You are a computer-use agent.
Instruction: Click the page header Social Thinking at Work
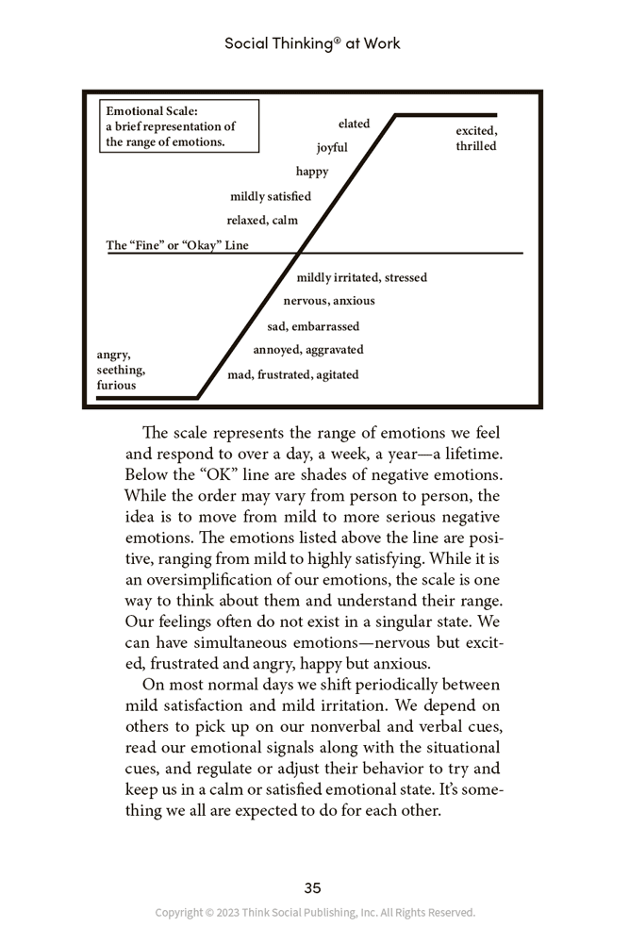(312, 43)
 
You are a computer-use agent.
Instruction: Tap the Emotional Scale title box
(179, 126)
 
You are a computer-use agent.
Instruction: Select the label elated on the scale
(355, 124)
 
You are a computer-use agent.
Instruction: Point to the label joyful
(332, 147)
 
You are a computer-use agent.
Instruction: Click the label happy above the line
(312, 172)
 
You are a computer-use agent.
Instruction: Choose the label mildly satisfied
(271, 196)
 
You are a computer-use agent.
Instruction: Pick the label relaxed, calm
(262, 221)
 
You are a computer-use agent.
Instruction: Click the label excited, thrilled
(476, 139)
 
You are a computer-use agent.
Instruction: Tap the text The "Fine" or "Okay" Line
(177, 245)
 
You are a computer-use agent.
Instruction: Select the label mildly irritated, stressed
(361, 277)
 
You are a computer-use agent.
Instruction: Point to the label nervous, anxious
(329, 301)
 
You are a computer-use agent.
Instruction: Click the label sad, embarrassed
(313, 326)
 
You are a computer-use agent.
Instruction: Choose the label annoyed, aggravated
(308, 350)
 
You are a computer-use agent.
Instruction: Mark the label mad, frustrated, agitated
(293, 374)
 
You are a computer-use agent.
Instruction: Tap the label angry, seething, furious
(121, 370)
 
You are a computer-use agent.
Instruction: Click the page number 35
(313, 887)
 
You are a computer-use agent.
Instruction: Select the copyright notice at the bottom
(315, 913)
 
